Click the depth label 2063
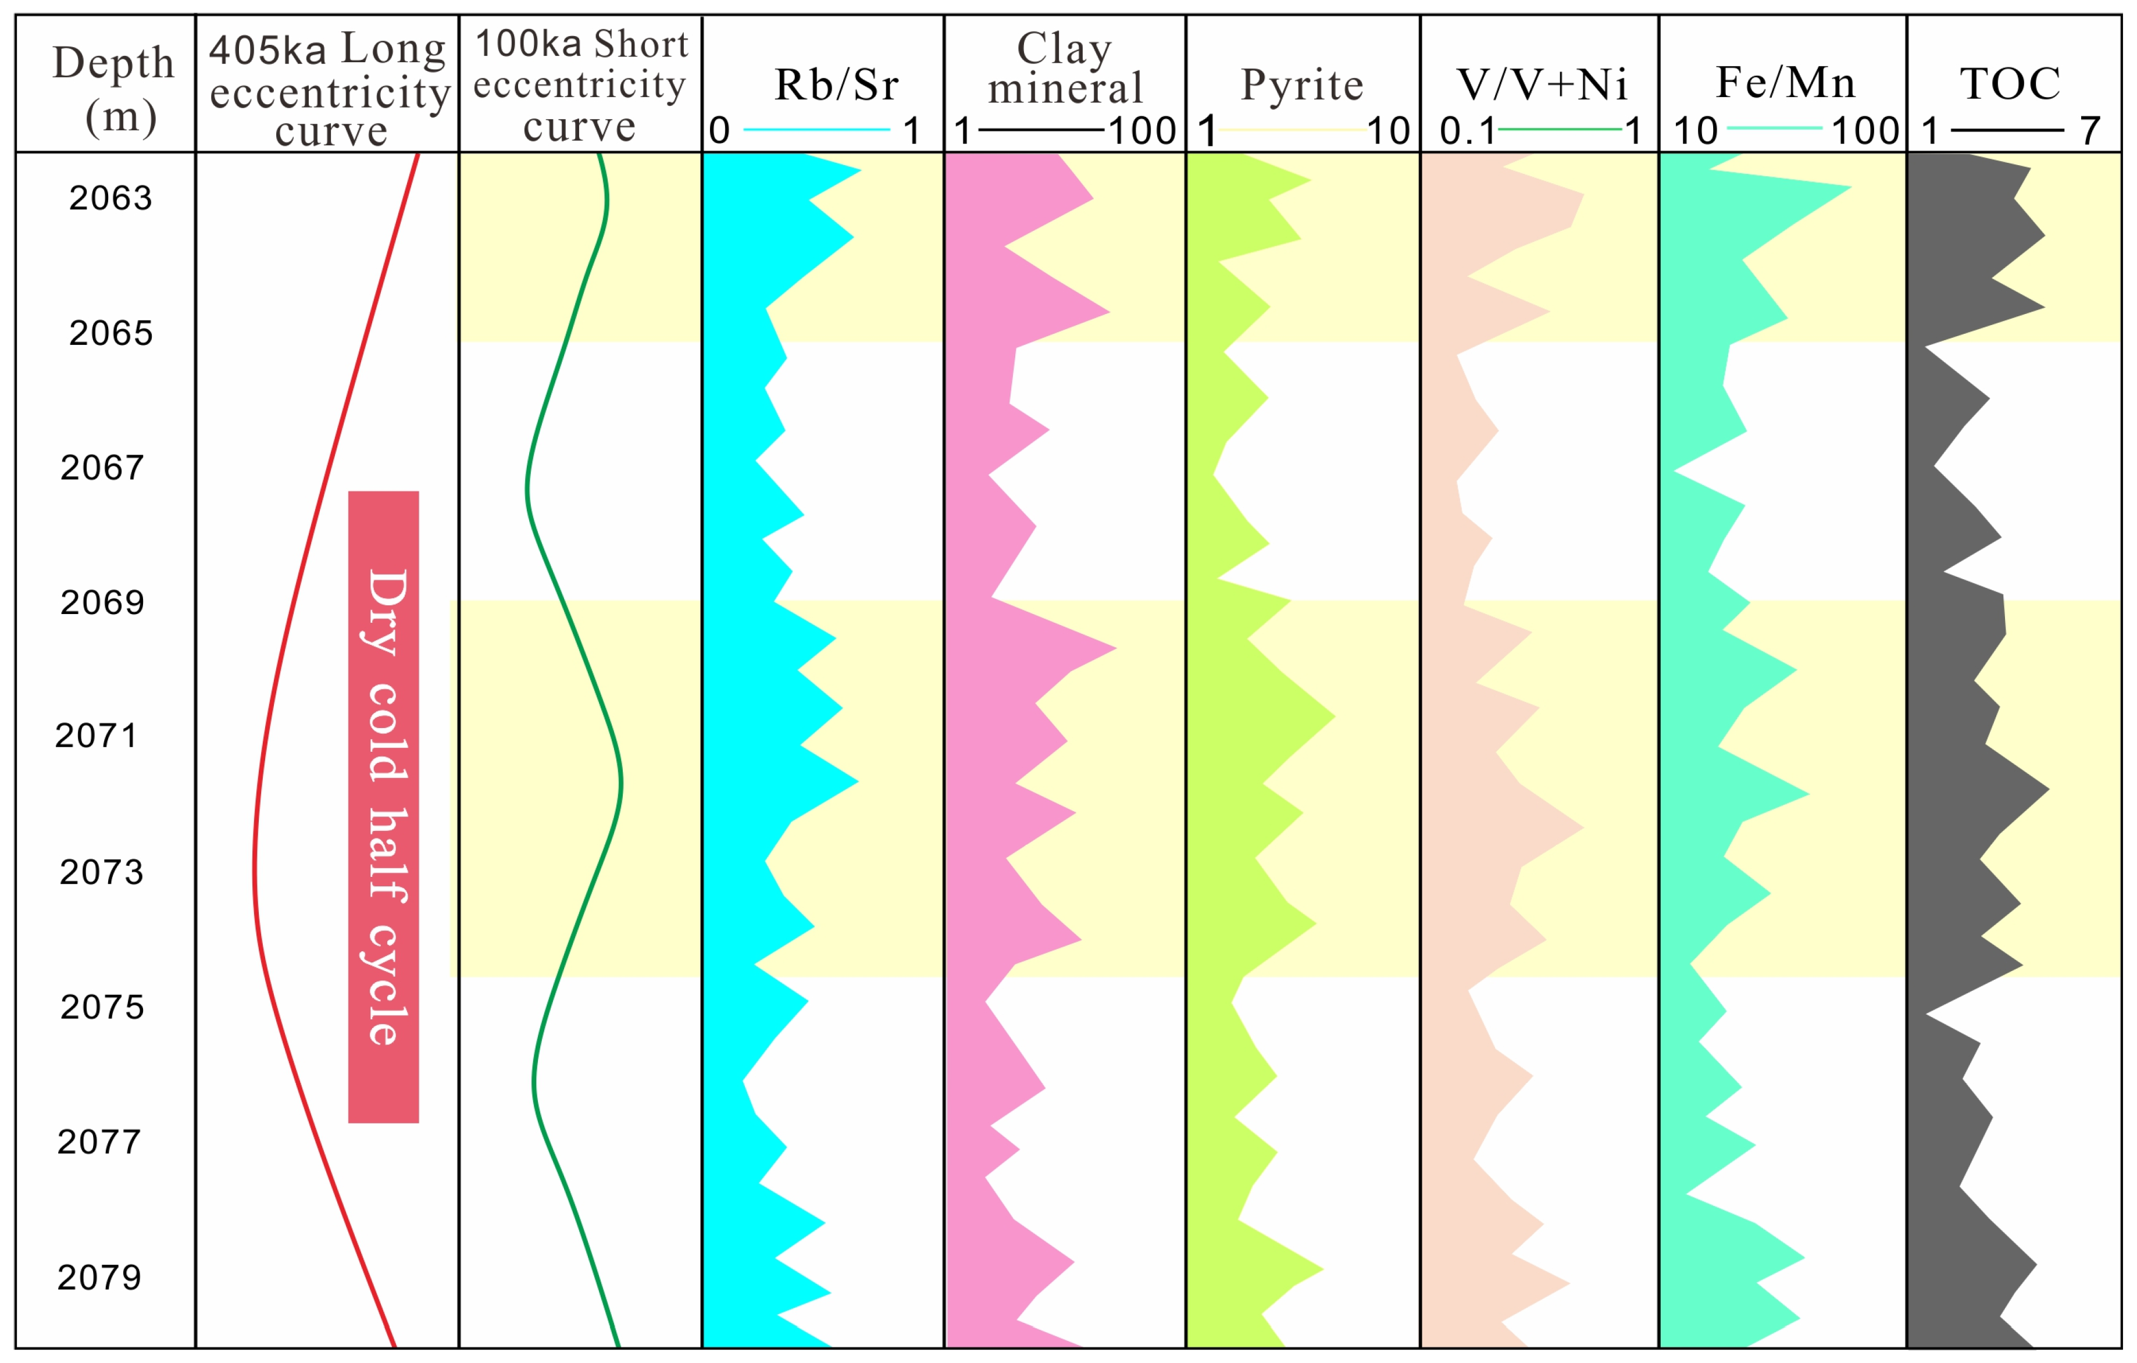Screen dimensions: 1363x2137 (x=111, y=198)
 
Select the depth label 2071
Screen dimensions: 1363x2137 (x=97, y=736)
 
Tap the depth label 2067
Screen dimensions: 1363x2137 (x=102, y=468)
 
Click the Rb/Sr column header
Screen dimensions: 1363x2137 (x=836, y=85)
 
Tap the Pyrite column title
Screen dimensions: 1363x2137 (x=1302, y=85)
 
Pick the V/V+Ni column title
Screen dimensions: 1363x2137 (x=1542, y=85)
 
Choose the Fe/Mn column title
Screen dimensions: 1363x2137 (x=1786, y=83)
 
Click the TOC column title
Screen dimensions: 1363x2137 (x=2010, y=84)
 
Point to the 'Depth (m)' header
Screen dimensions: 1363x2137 (x=113, y=89)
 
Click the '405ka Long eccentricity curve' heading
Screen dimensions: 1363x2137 (x=329, y=89)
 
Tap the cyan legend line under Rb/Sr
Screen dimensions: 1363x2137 (x=816, y=130)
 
